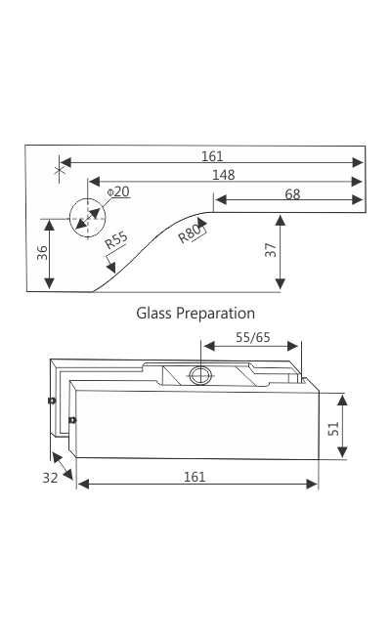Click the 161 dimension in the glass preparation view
[x=212, y=156]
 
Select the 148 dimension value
[x=224, y=175]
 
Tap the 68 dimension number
[x=292, y=194]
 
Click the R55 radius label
[x=115, y=240]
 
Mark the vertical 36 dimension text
[x=41, y=252]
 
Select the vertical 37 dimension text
[x=271, y=251]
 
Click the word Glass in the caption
[x=154, y=314]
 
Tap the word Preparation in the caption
[x=217, y=314]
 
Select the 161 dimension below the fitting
[x=195, y=477]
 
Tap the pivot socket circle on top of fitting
[x=200, y=375]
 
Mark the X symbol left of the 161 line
[x=61, y=169]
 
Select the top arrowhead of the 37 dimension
[x=282, y=219]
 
